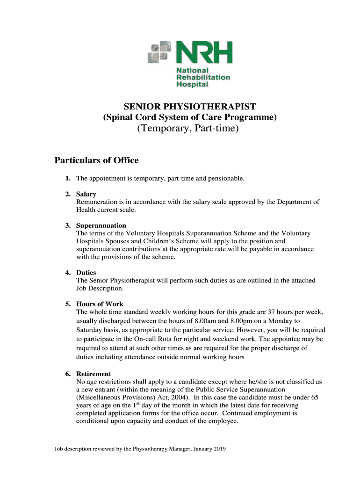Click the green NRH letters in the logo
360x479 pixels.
(x=204, y=52)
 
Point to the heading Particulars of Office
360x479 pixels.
(x=97, y=160)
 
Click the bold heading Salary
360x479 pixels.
(x=86, y=194)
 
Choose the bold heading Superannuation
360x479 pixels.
(x=101, y=225)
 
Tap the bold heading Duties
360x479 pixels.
(x=86, y=273)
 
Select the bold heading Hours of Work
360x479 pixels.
(x=100, y=304)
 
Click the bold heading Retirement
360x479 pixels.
(x=94, y=374)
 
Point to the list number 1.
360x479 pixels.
(x=68, y=178)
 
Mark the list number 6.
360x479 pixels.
(x=68, y=374)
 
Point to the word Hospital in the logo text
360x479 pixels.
(x=192, y=85)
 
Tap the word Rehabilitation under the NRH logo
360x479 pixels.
(x=203, y=77)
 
